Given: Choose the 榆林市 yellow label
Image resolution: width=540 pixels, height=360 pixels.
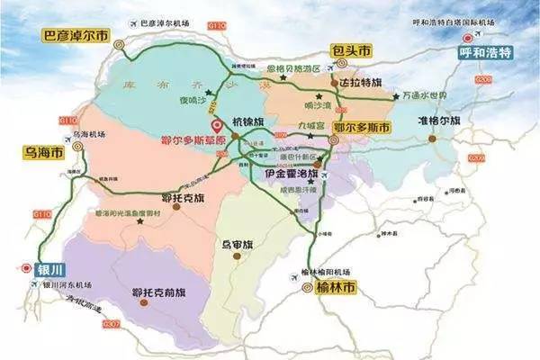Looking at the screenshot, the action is pos(337,287).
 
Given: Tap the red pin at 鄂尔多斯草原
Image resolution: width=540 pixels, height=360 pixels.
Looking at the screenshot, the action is pos(213,127).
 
